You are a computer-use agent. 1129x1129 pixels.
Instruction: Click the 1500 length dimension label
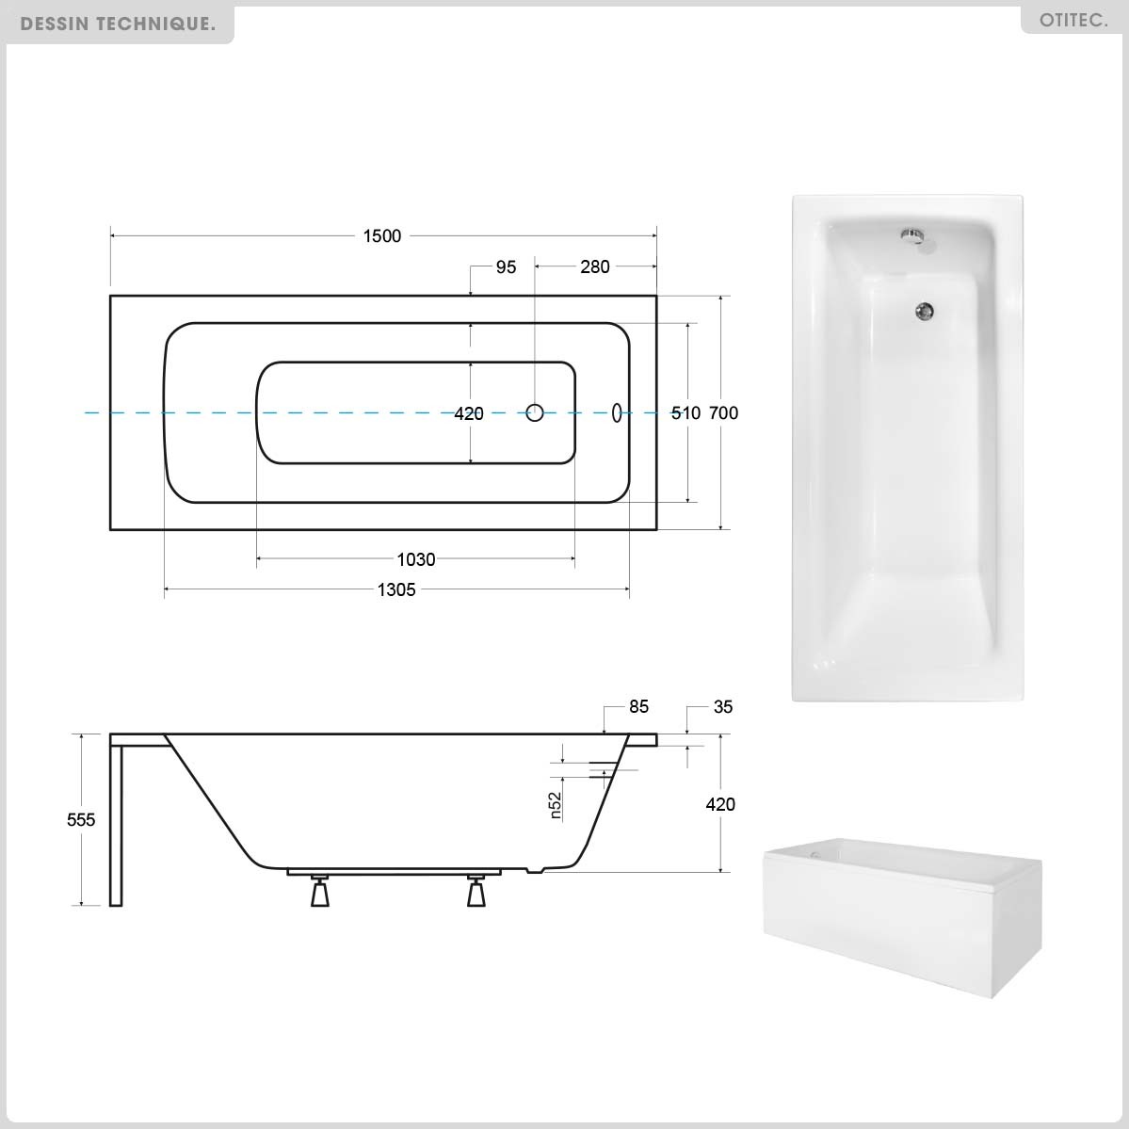coord(381,236)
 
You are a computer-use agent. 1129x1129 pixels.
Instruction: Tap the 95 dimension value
coord(507,267)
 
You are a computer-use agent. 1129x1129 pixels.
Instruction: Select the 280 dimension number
coord(595,267)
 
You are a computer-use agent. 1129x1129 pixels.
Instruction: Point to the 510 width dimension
coord(685,413)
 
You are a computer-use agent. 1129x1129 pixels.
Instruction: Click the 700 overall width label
coord(723,413)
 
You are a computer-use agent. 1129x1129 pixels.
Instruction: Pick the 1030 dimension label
coord(416,559)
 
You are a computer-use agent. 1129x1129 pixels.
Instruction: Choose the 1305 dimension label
coord(396,589)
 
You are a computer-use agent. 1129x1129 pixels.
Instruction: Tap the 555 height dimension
coord(81,819)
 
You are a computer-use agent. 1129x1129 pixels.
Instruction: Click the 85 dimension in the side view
coord(638,706)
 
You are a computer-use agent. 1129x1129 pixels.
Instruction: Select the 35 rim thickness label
coord(723,707)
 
